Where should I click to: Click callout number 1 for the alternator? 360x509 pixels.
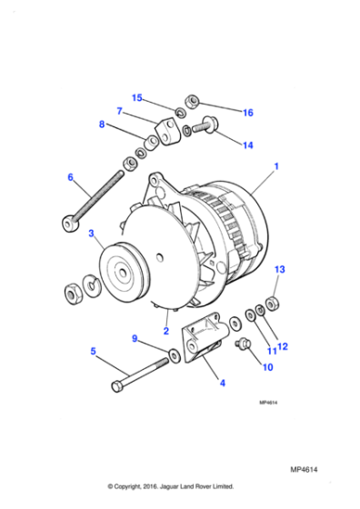(276, 168)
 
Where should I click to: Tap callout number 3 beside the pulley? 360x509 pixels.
(91, 235)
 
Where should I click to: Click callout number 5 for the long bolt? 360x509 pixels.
(93, 351)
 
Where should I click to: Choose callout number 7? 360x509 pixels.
(119, 112)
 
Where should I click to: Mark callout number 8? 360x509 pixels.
(102, 126)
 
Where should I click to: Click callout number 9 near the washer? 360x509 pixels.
(135, 339)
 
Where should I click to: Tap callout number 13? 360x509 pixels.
(280, 270)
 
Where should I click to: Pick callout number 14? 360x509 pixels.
(247, 145)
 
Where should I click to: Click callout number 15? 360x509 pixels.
(137, 97)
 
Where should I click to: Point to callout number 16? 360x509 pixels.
(247, 113)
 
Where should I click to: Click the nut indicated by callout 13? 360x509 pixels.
(274, 300)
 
